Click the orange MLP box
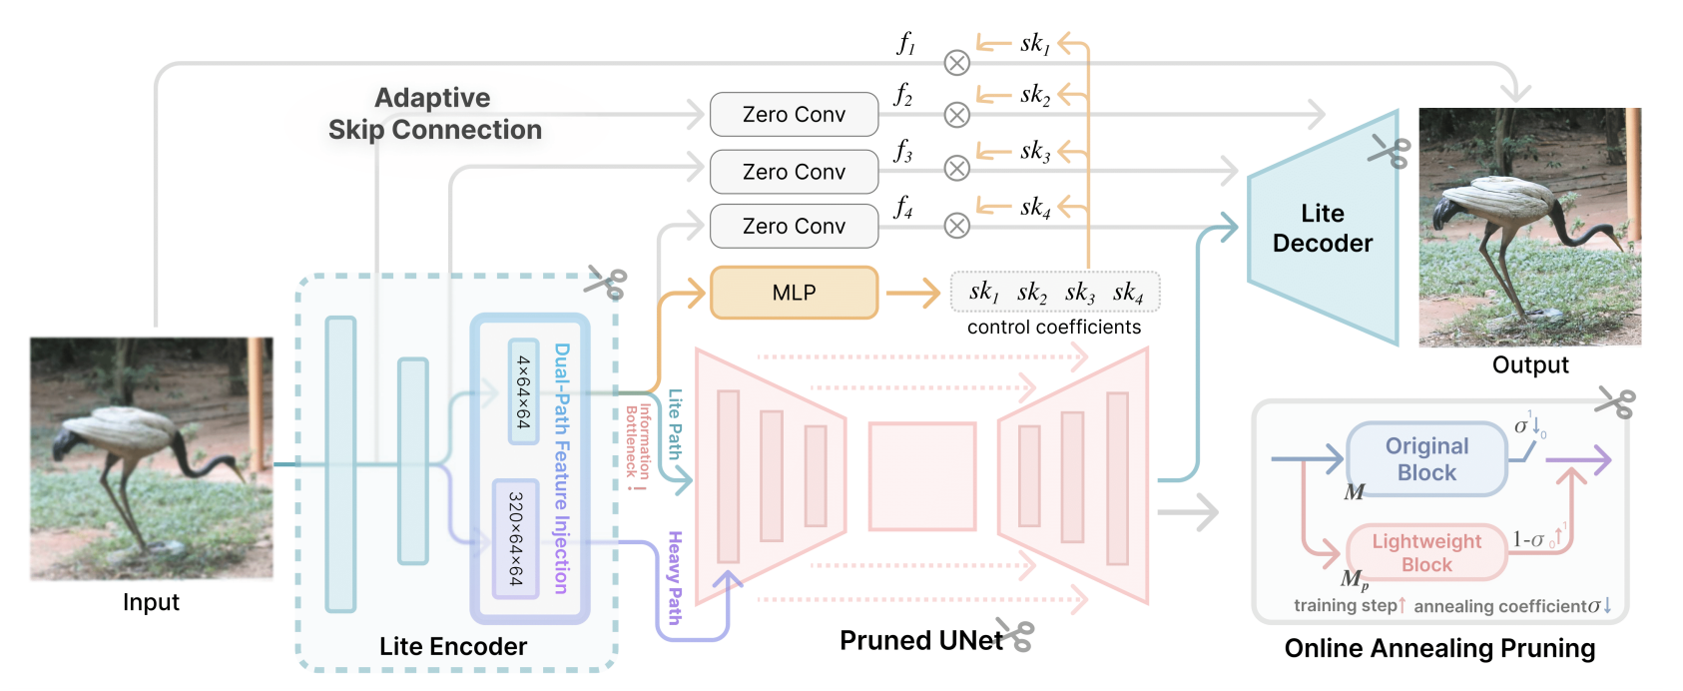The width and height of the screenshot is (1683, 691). [x=794, y=293]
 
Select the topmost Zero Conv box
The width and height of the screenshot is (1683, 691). [x=794, y=115]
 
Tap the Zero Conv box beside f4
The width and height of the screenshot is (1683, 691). [x=794, y=227]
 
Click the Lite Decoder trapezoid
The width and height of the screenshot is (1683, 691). [x=1323, y=229]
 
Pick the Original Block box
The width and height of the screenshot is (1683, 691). [x=1426, y=459]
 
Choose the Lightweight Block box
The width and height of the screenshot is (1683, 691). [x=1426, y=552]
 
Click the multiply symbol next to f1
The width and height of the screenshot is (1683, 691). [x=956, y=63]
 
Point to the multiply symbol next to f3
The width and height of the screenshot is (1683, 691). [x=956, y=169]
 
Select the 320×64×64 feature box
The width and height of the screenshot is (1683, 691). [x=516, y=539]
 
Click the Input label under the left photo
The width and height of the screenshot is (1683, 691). [x=151, y=602]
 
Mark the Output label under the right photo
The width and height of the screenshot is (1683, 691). [x=1530, y=365]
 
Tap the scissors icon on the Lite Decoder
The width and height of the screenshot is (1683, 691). [x=1389, y=152]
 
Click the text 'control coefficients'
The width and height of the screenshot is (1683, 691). [x=1053, y=328]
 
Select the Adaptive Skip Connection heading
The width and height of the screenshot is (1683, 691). [x=434, y=114]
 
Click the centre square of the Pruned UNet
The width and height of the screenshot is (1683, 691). [x=921, y=475]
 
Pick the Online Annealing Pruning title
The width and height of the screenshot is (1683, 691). [x=1439, y=649]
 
